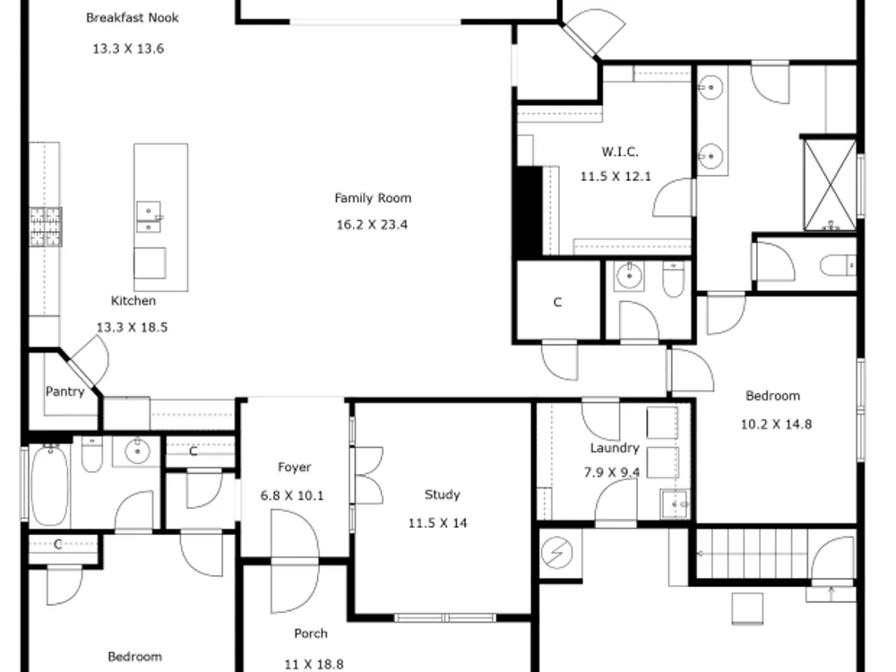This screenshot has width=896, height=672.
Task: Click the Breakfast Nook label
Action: tap(132, 18)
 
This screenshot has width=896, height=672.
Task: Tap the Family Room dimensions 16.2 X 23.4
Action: tap(372, 225)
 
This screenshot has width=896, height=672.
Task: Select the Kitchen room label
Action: tap(134, 300)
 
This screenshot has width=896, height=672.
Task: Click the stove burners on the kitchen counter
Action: tap(46, 227)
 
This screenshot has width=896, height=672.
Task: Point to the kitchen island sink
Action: tap(149, 217)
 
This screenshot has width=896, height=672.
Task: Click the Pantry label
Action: tap(65, 392)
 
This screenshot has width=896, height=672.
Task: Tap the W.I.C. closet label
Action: tap(620, 151)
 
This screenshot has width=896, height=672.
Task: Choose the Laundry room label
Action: tap(615, 448)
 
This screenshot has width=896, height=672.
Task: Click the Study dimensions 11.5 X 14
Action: tap(438, 523)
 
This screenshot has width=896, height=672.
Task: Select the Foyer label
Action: tap(294, 467)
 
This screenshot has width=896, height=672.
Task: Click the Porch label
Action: tap(311, 633)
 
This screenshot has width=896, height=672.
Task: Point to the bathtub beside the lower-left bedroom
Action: tap(49, 485)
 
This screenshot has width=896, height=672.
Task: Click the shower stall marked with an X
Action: tap(830, 185)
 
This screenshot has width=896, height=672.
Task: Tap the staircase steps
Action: tap(752, 553)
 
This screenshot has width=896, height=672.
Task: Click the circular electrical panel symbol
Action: tap(556, 553)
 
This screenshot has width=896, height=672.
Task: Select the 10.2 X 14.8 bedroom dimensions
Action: tap(776, 424)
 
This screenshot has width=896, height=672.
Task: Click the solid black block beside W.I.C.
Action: tap(530, 211)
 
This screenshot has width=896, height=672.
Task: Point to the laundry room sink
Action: tap(675, 504)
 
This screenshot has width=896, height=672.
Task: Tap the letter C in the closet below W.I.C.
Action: tap(557, 302)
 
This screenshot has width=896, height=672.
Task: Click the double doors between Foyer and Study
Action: tap(369, 476)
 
